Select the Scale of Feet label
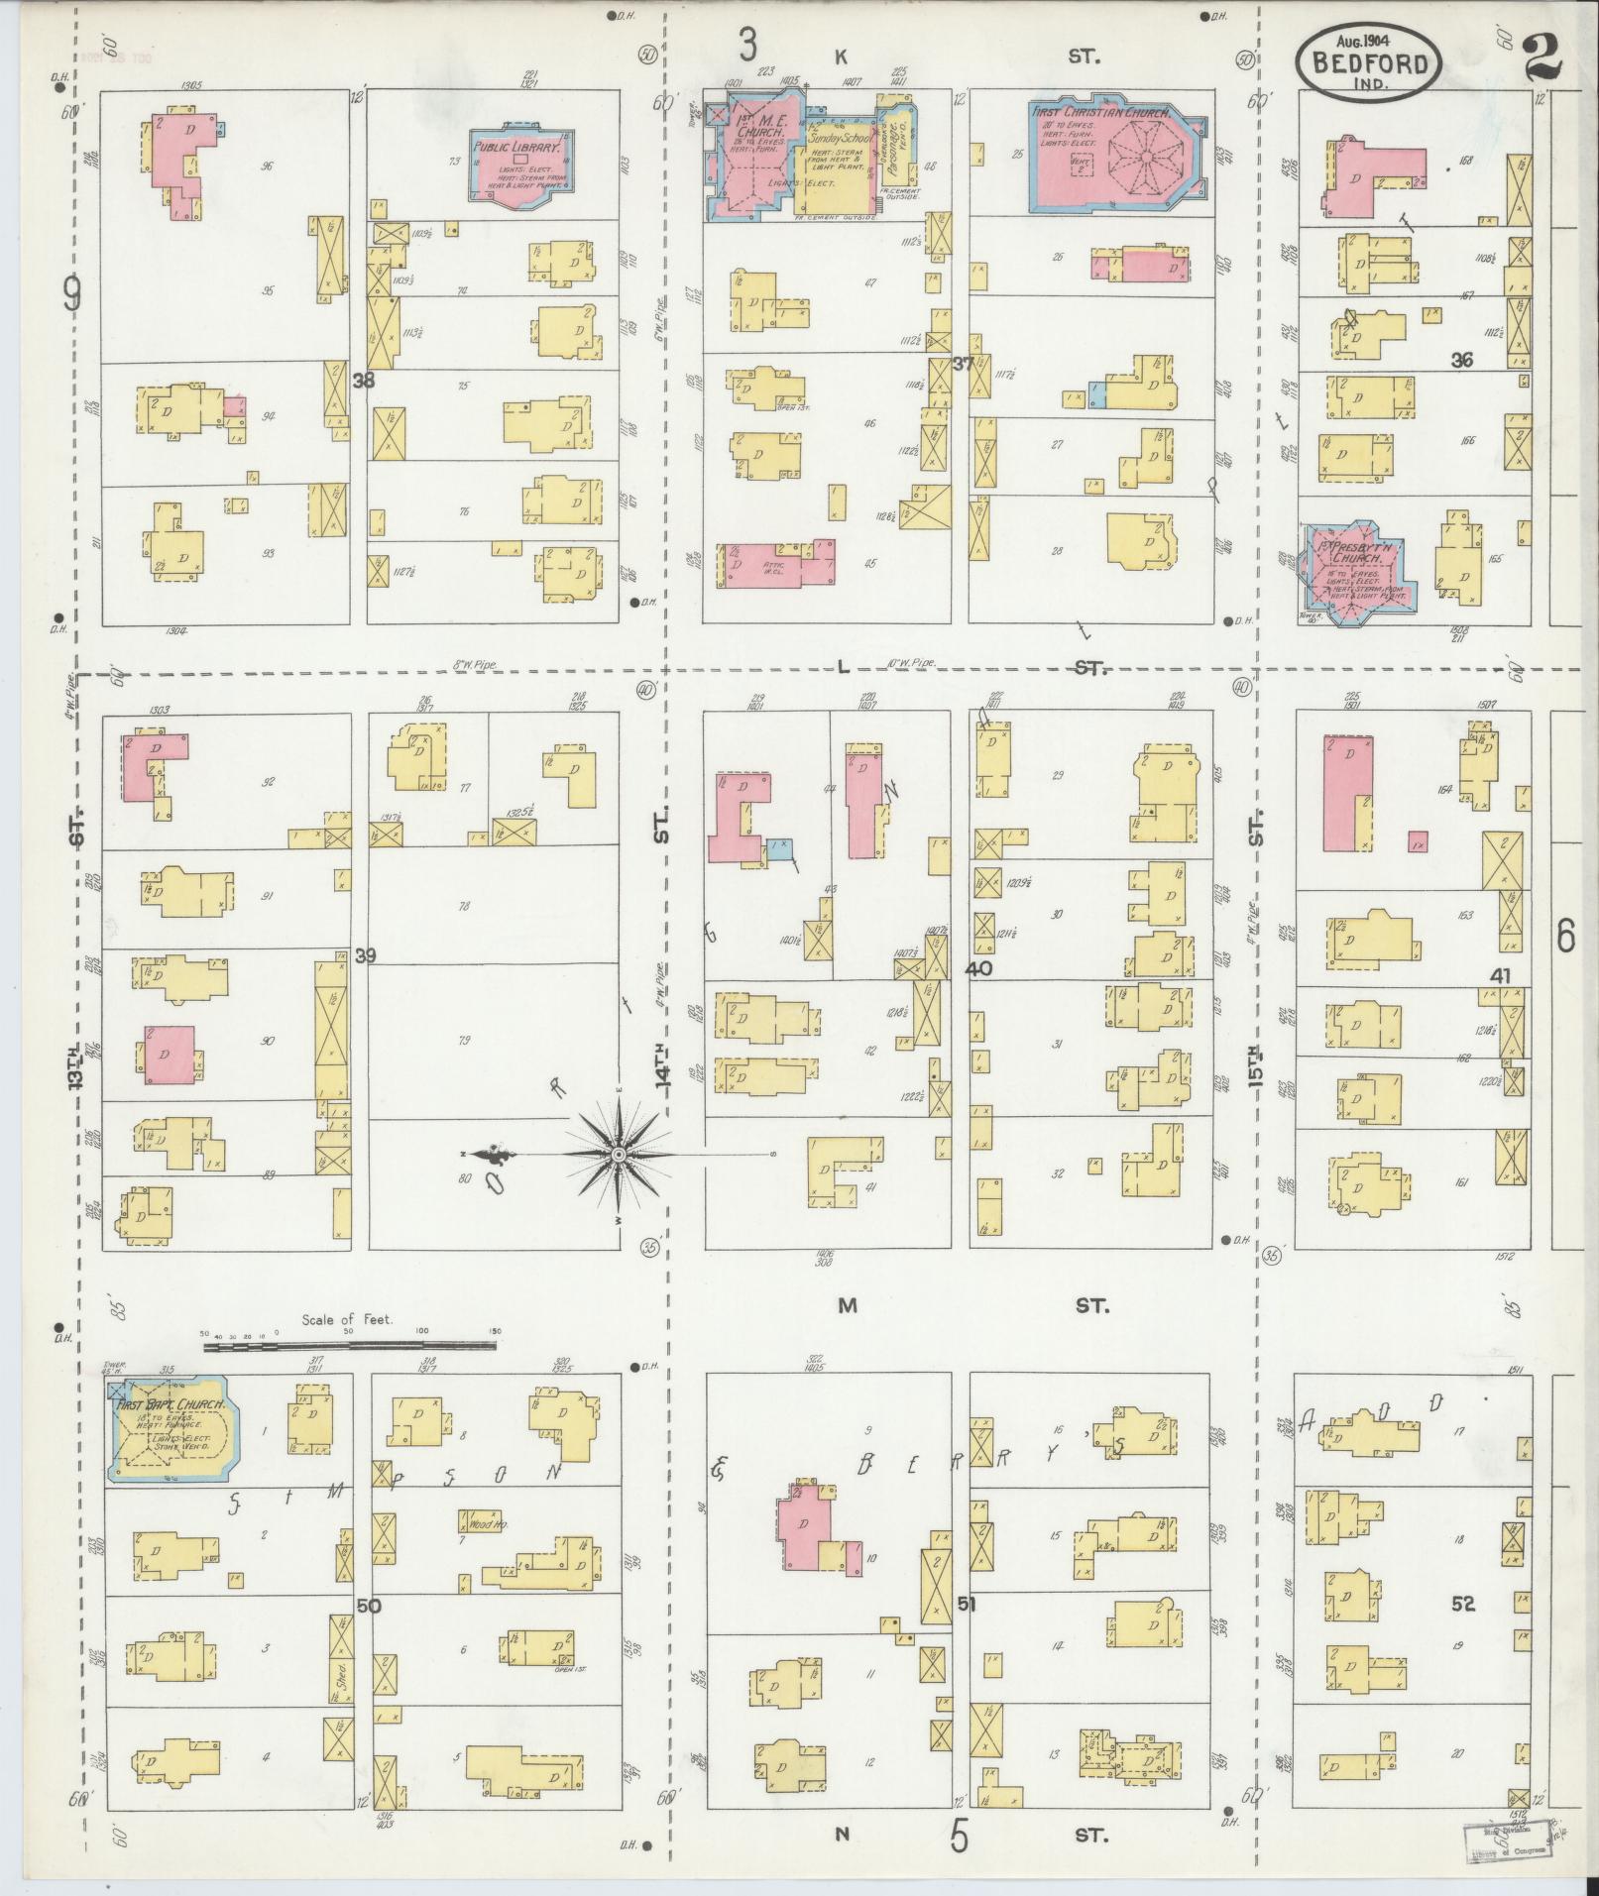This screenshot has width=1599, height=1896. point(347,1319)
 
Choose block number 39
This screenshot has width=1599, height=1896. point(366,955)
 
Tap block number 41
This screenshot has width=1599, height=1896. point(1500,976)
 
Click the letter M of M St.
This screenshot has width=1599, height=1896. point(846,1305)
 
